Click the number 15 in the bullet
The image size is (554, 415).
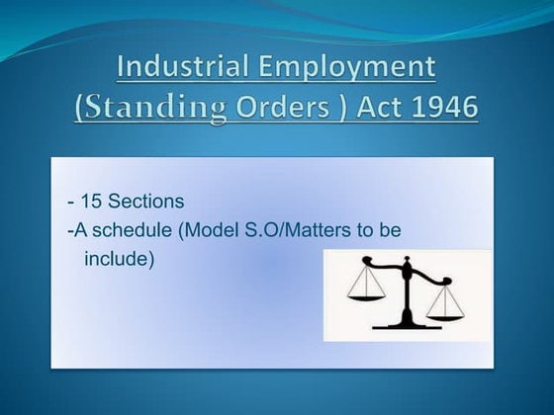click(90, 202)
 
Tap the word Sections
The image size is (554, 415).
click(146, 202)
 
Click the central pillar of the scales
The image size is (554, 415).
click(406, 296)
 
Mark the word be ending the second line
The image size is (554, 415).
click(390, 230)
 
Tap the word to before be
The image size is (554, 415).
click(362, 230)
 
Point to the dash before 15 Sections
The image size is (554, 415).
click(70, 203)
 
